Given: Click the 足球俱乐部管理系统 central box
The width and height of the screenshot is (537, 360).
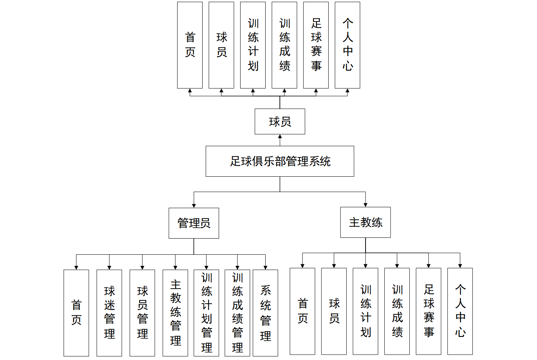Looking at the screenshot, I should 279,161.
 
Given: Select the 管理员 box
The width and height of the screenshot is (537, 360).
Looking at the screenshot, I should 194,223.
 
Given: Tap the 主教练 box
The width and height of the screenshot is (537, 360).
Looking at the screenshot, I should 365,222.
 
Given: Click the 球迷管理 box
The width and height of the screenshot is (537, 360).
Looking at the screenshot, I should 109,312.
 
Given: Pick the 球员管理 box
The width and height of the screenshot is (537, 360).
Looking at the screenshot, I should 142,312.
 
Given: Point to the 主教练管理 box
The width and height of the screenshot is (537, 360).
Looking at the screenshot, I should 175,312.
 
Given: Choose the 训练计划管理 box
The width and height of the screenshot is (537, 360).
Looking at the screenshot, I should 206,312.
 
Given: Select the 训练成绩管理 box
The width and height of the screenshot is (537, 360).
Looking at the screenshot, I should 237,312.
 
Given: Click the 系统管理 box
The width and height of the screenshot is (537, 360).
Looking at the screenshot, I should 265,312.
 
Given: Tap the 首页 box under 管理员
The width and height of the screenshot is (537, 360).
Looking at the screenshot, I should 76,312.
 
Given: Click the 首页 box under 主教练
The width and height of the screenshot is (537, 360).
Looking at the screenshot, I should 302,311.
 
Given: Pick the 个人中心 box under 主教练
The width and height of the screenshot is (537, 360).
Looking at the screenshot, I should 460,311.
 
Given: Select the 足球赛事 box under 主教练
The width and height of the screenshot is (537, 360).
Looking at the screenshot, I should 428,311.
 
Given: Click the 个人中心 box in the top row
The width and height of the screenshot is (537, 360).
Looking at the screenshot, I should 347,45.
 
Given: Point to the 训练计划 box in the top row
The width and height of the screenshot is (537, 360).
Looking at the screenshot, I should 253,45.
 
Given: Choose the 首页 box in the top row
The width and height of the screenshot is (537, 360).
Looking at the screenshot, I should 190,45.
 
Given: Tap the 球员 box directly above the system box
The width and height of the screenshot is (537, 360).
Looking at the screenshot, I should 279,121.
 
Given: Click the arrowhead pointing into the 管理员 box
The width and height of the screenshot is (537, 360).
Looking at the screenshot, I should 194,206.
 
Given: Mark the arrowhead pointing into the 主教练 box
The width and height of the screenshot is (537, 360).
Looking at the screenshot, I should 365,205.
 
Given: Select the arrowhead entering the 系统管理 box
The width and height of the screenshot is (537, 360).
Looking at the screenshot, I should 265,267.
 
